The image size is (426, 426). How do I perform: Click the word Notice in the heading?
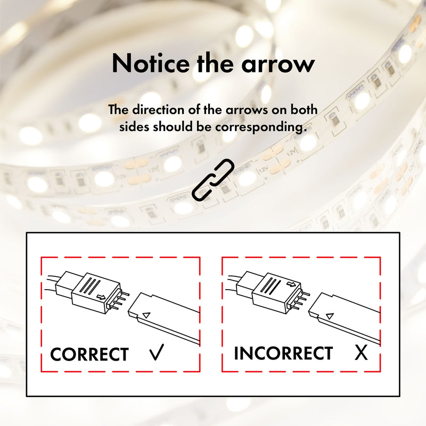[x=151, y=63]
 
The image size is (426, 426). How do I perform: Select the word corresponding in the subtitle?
[x=261, y=127]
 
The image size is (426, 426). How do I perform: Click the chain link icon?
[x=213, y=180]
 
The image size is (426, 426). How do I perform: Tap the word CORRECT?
[x=89, y=354]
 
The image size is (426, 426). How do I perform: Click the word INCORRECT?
[x=283, y=353]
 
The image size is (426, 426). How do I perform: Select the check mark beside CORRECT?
[x=157, y=352]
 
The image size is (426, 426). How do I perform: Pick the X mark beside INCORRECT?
[x=361, y=353]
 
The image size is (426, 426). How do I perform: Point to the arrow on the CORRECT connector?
[x=102, y=297]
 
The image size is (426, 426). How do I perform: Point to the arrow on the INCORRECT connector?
[x=291, y=284]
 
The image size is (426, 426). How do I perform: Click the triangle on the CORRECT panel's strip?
[x=146, y=315]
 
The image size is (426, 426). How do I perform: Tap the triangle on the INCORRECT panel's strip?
[x=330, y=316]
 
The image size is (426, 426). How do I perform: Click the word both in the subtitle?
[x=304, y=110]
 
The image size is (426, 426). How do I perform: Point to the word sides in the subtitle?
[x=134, y=127]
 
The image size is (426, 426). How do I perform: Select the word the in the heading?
[x=216, y=63]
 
